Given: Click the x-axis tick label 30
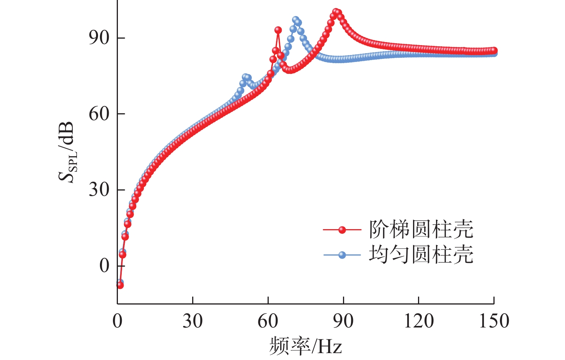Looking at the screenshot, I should click(x=192, y=321).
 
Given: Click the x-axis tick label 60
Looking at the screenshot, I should click(x=268, y=321).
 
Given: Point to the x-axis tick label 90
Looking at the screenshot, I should click(x=343, y=321).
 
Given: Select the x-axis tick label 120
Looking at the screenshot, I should click(x=418, y=321).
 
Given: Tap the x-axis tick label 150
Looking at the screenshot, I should click(x=494, y=321).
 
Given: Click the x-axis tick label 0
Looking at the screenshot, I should click(x=117, y=321).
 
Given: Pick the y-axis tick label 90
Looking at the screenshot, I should click(x=99, y=38).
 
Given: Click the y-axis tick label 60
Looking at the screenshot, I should click(x=99, y=114).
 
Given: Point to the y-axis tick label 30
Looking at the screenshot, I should click(x=99, y=189).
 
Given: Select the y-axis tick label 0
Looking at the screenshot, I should click(x=104, y=266).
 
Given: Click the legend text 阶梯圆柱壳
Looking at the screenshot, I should click(x=421, y=230).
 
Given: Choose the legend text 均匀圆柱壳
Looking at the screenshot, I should click(x=421, y=254).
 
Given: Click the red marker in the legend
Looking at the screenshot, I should click(x=342, y=230).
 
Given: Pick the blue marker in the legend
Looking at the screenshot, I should click(x=342, y=255).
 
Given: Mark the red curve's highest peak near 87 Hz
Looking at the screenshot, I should click(x=336, y=12).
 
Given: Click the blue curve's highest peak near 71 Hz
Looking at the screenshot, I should click(x=296, y=20).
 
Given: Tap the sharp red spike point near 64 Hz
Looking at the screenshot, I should click(x=278, y=30).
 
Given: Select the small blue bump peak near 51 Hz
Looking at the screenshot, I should click(x=245, y=77).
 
